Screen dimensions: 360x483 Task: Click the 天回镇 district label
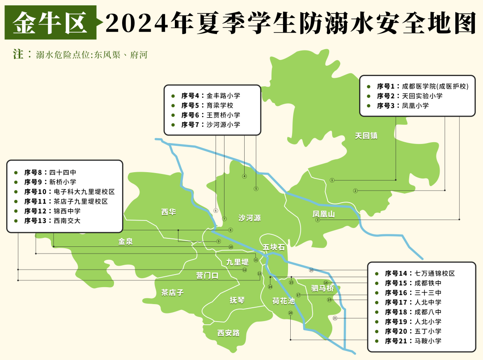click(366, 136)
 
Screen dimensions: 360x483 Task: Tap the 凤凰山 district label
click(323, 214)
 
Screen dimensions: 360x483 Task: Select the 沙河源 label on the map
click(250, 218)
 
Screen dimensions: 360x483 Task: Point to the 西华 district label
click(169, 212)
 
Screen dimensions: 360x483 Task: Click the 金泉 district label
click(126, 241)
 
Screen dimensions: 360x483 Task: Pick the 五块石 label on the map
click(274, 247)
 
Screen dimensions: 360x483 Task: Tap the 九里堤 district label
click(237, 262)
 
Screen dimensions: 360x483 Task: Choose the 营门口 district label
click(208, 275)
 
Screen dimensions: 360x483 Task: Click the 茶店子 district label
click(173, 292)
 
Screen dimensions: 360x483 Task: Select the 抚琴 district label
click(237, 300)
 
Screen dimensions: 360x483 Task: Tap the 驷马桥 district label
click(322, 288)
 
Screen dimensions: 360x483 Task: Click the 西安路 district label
click(229, 333)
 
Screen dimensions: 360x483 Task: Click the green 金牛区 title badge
click(51, 22)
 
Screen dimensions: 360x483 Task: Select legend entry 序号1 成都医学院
click(422, 86)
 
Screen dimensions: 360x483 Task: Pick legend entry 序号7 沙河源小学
click(211, 125)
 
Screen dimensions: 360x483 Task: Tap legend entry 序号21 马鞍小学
click(413, 341)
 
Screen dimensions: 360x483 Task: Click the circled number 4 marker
click(244, 176)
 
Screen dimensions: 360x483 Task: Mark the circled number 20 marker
click(290, 313)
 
